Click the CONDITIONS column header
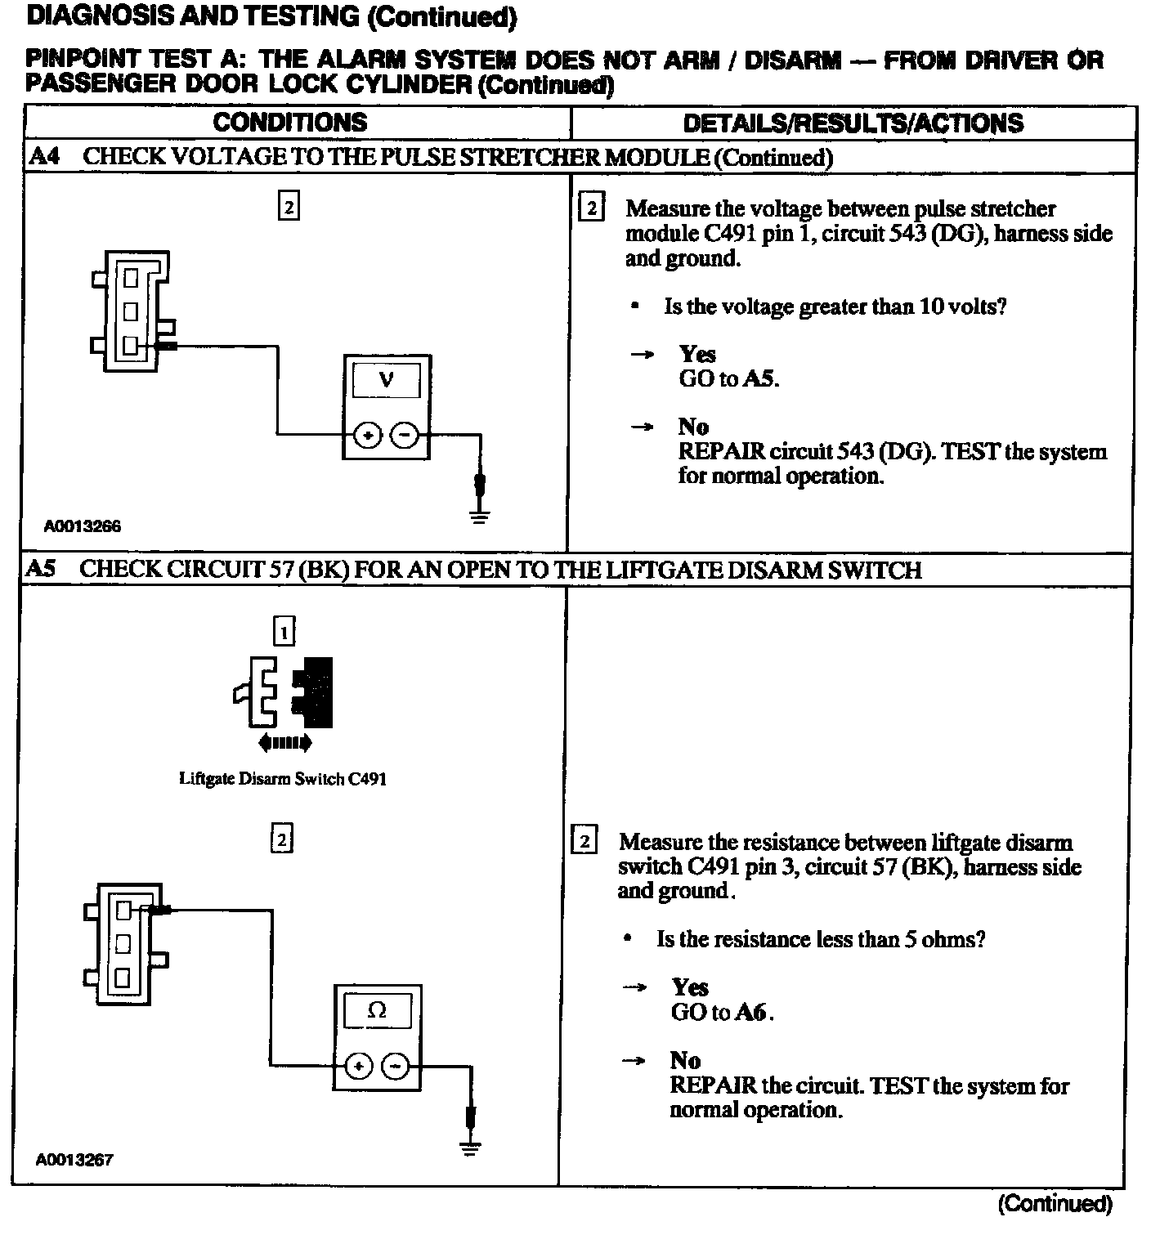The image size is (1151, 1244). tap(290, 123)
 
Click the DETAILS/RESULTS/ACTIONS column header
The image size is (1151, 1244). tap(853, 123)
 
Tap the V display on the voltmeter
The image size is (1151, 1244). tap(386, 380)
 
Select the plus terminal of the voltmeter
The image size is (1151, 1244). tap(368, 436)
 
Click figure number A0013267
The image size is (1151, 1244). tap(74, 1159)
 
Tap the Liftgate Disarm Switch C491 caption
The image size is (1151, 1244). tap(282, 779)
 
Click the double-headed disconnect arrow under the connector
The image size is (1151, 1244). tap(284, 743)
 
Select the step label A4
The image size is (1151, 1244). tap(45, 156)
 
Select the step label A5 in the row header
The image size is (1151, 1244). tap(41, 569)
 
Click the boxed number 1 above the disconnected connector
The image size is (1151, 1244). tap(284, 632)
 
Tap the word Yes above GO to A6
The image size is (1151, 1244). tap(690, 987)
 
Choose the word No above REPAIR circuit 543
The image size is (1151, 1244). tap(693, 427)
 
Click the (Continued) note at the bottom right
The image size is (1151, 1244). tap(1055, 1203)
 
